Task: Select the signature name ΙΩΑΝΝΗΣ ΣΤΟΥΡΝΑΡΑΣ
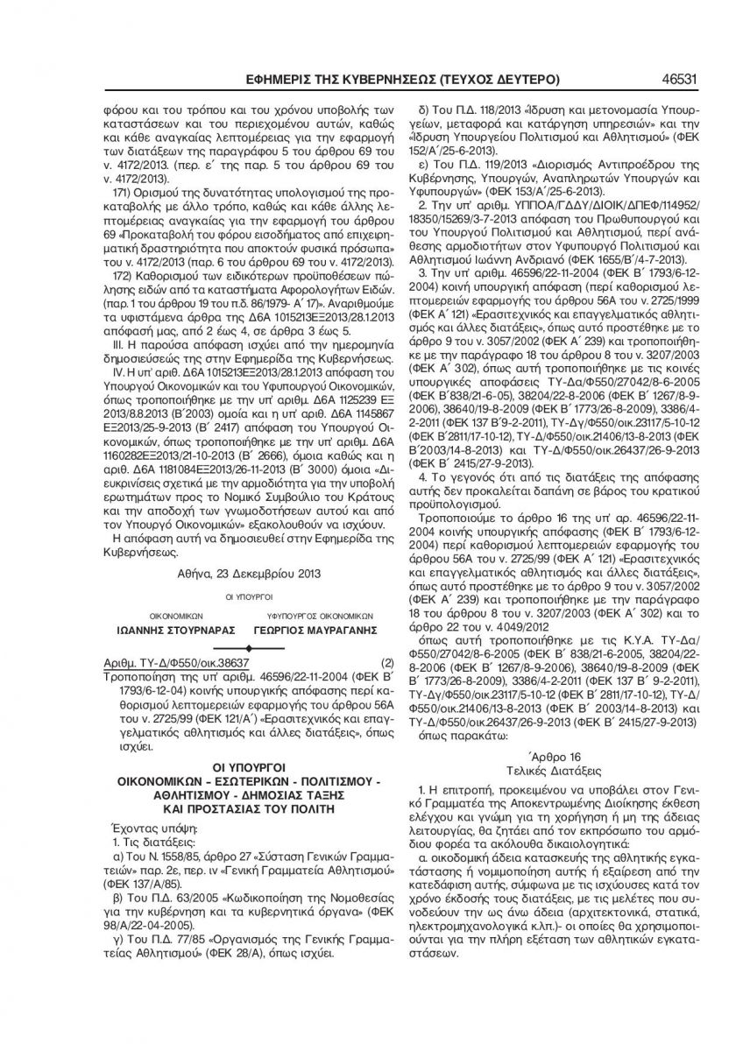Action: [x=163, y=630]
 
